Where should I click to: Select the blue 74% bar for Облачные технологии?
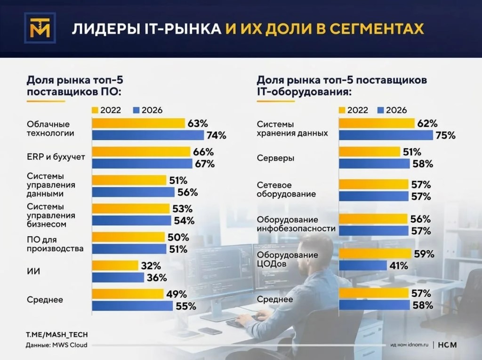coord(147,136)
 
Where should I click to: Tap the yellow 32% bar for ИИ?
coord(115,265)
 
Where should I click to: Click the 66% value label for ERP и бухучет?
coord(203,152)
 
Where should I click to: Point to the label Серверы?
coord(275,159)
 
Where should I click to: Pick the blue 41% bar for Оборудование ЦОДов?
coord(363,266)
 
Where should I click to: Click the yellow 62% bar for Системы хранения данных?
coord(377,124)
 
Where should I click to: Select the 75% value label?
coord(445,136)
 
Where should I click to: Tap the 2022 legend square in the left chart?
coord(95,110)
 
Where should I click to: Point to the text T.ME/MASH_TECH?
coord(56,335)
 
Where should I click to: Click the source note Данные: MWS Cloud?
coord(56,345)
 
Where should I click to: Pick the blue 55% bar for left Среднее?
coord(132,306)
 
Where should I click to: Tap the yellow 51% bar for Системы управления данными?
coord(129,180)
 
